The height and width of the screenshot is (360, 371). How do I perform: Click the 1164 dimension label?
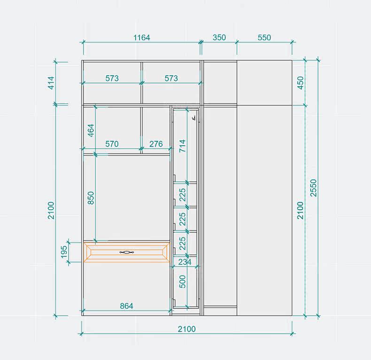pyautogui.click(x=142, y=38)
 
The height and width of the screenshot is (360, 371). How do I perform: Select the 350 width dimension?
pyautogui.click(x=219, y=38)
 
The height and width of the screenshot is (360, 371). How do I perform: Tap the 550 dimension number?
pyautogui.click(x=264, y=38)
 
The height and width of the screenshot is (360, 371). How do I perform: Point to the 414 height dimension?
pyautogui.click(x=51, y=83)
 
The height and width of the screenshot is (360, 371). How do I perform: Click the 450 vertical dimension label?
pyautogui.click(x=300, y=83)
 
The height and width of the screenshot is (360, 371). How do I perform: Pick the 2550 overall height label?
pyautogui.click(x=313, y=188)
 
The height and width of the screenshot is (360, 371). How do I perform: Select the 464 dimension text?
pyautogui.click(x=91, y=130)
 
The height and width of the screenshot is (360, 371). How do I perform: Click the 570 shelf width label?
pyautogui.click(x=112, y=144)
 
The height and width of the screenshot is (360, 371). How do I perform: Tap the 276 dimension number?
pyautogui.click(x=156, y=144)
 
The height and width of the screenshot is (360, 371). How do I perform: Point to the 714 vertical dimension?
pyautogui.click(x=182, y=146)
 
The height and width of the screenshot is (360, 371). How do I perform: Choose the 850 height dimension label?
pyautogui.click(x=91, y=198)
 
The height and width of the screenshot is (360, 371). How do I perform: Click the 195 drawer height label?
pyautogui.click(x=64, y=252)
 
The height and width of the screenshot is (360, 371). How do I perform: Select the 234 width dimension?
pyautogui.click(x=185, y=262)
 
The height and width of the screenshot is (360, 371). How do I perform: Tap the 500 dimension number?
pyautogui.click(x=182, y=282)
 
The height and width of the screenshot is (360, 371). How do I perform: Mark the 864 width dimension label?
pyautogui.click(x=126, y=306)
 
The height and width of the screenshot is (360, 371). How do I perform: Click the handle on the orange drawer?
pyautogui.click(x=127, y=253)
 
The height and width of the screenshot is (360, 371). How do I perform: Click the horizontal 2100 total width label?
pyautogui.click(x=187, y=329)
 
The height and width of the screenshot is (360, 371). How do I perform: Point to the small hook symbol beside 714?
pyautogui.click(x=194, y=118)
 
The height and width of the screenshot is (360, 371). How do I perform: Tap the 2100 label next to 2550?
pyautogui.click(x=300, y=211)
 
